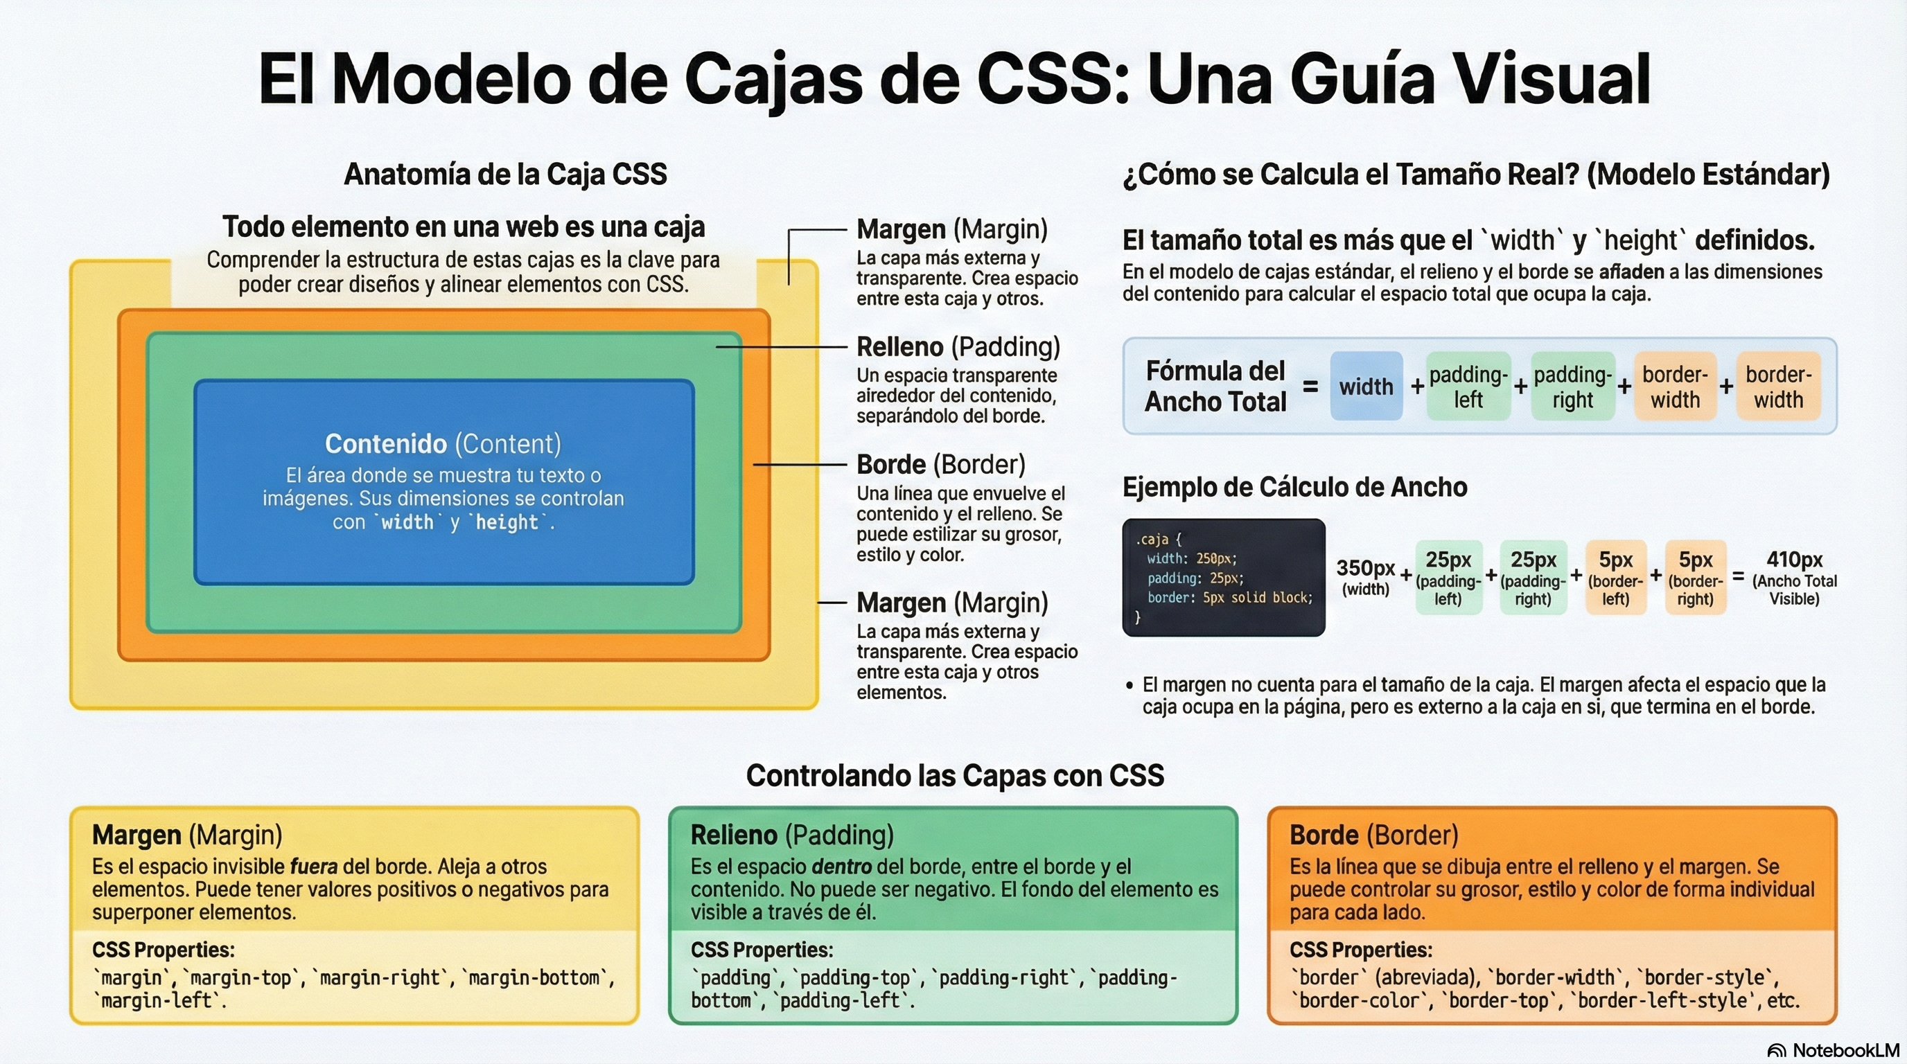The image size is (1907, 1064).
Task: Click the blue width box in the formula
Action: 1366,387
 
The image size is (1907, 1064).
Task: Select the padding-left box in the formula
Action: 1468,387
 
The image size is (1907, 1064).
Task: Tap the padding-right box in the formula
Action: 1572,387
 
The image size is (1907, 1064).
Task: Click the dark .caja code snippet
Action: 1223,577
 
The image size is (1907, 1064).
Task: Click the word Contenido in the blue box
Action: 386,443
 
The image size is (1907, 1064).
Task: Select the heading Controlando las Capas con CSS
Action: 954,774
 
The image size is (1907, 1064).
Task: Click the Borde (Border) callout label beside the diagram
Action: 940,464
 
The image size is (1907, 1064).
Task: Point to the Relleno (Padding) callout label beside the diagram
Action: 958,346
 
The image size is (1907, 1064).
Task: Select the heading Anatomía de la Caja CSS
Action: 506,174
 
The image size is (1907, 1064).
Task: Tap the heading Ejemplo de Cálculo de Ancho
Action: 1294,487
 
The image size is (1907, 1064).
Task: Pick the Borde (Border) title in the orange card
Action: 1373,835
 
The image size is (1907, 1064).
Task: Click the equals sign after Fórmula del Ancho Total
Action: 1310,387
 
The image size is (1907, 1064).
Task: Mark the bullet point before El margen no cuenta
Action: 1129,685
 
